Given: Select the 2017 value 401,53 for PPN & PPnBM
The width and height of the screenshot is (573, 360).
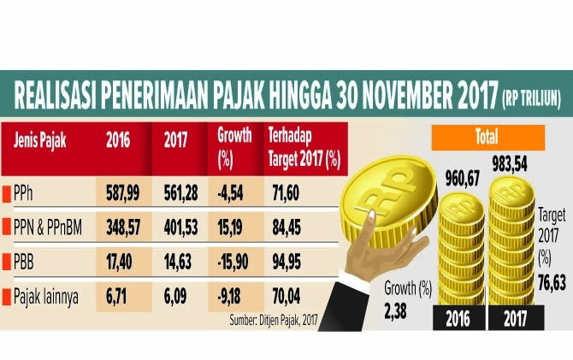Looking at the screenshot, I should [x=182, y=228].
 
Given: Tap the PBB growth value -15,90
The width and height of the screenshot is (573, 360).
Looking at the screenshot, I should [x=235, y=263].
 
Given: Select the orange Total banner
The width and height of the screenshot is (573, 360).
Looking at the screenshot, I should [x=487, y=137].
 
